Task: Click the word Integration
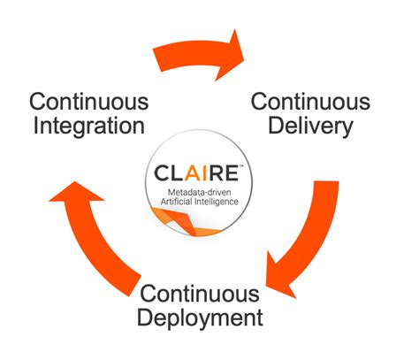88,125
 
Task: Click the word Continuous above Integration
88,100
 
